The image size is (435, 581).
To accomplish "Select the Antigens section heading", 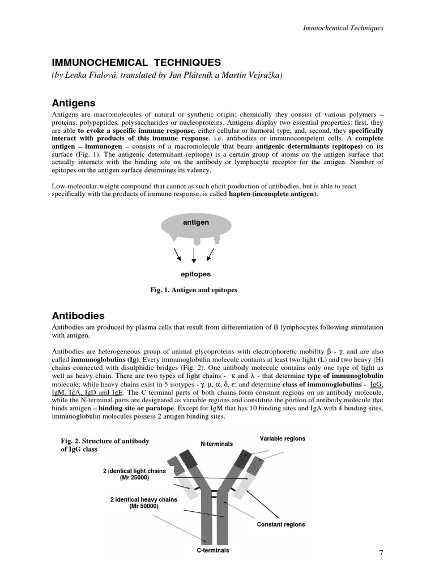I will [74, 103].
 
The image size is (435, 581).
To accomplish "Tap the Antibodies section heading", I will [78, 315].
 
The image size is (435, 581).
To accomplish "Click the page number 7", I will [381, 553].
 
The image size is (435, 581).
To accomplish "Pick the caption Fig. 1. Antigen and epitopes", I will [193, 290].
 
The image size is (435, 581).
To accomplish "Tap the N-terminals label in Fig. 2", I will [216, 444].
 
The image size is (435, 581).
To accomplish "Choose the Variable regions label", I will [282, 439].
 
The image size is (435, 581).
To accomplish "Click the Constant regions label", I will [281, 524].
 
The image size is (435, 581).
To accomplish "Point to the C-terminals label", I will [212, 550].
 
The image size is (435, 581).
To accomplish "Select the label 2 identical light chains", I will [134, 471].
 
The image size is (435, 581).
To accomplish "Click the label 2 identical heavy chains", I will [143, 499].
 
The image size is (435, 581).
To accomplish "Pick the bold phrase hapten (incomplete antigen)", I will [272, 195].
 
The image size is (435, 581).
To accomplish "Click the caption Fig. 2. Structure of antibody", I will [105, 441].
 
